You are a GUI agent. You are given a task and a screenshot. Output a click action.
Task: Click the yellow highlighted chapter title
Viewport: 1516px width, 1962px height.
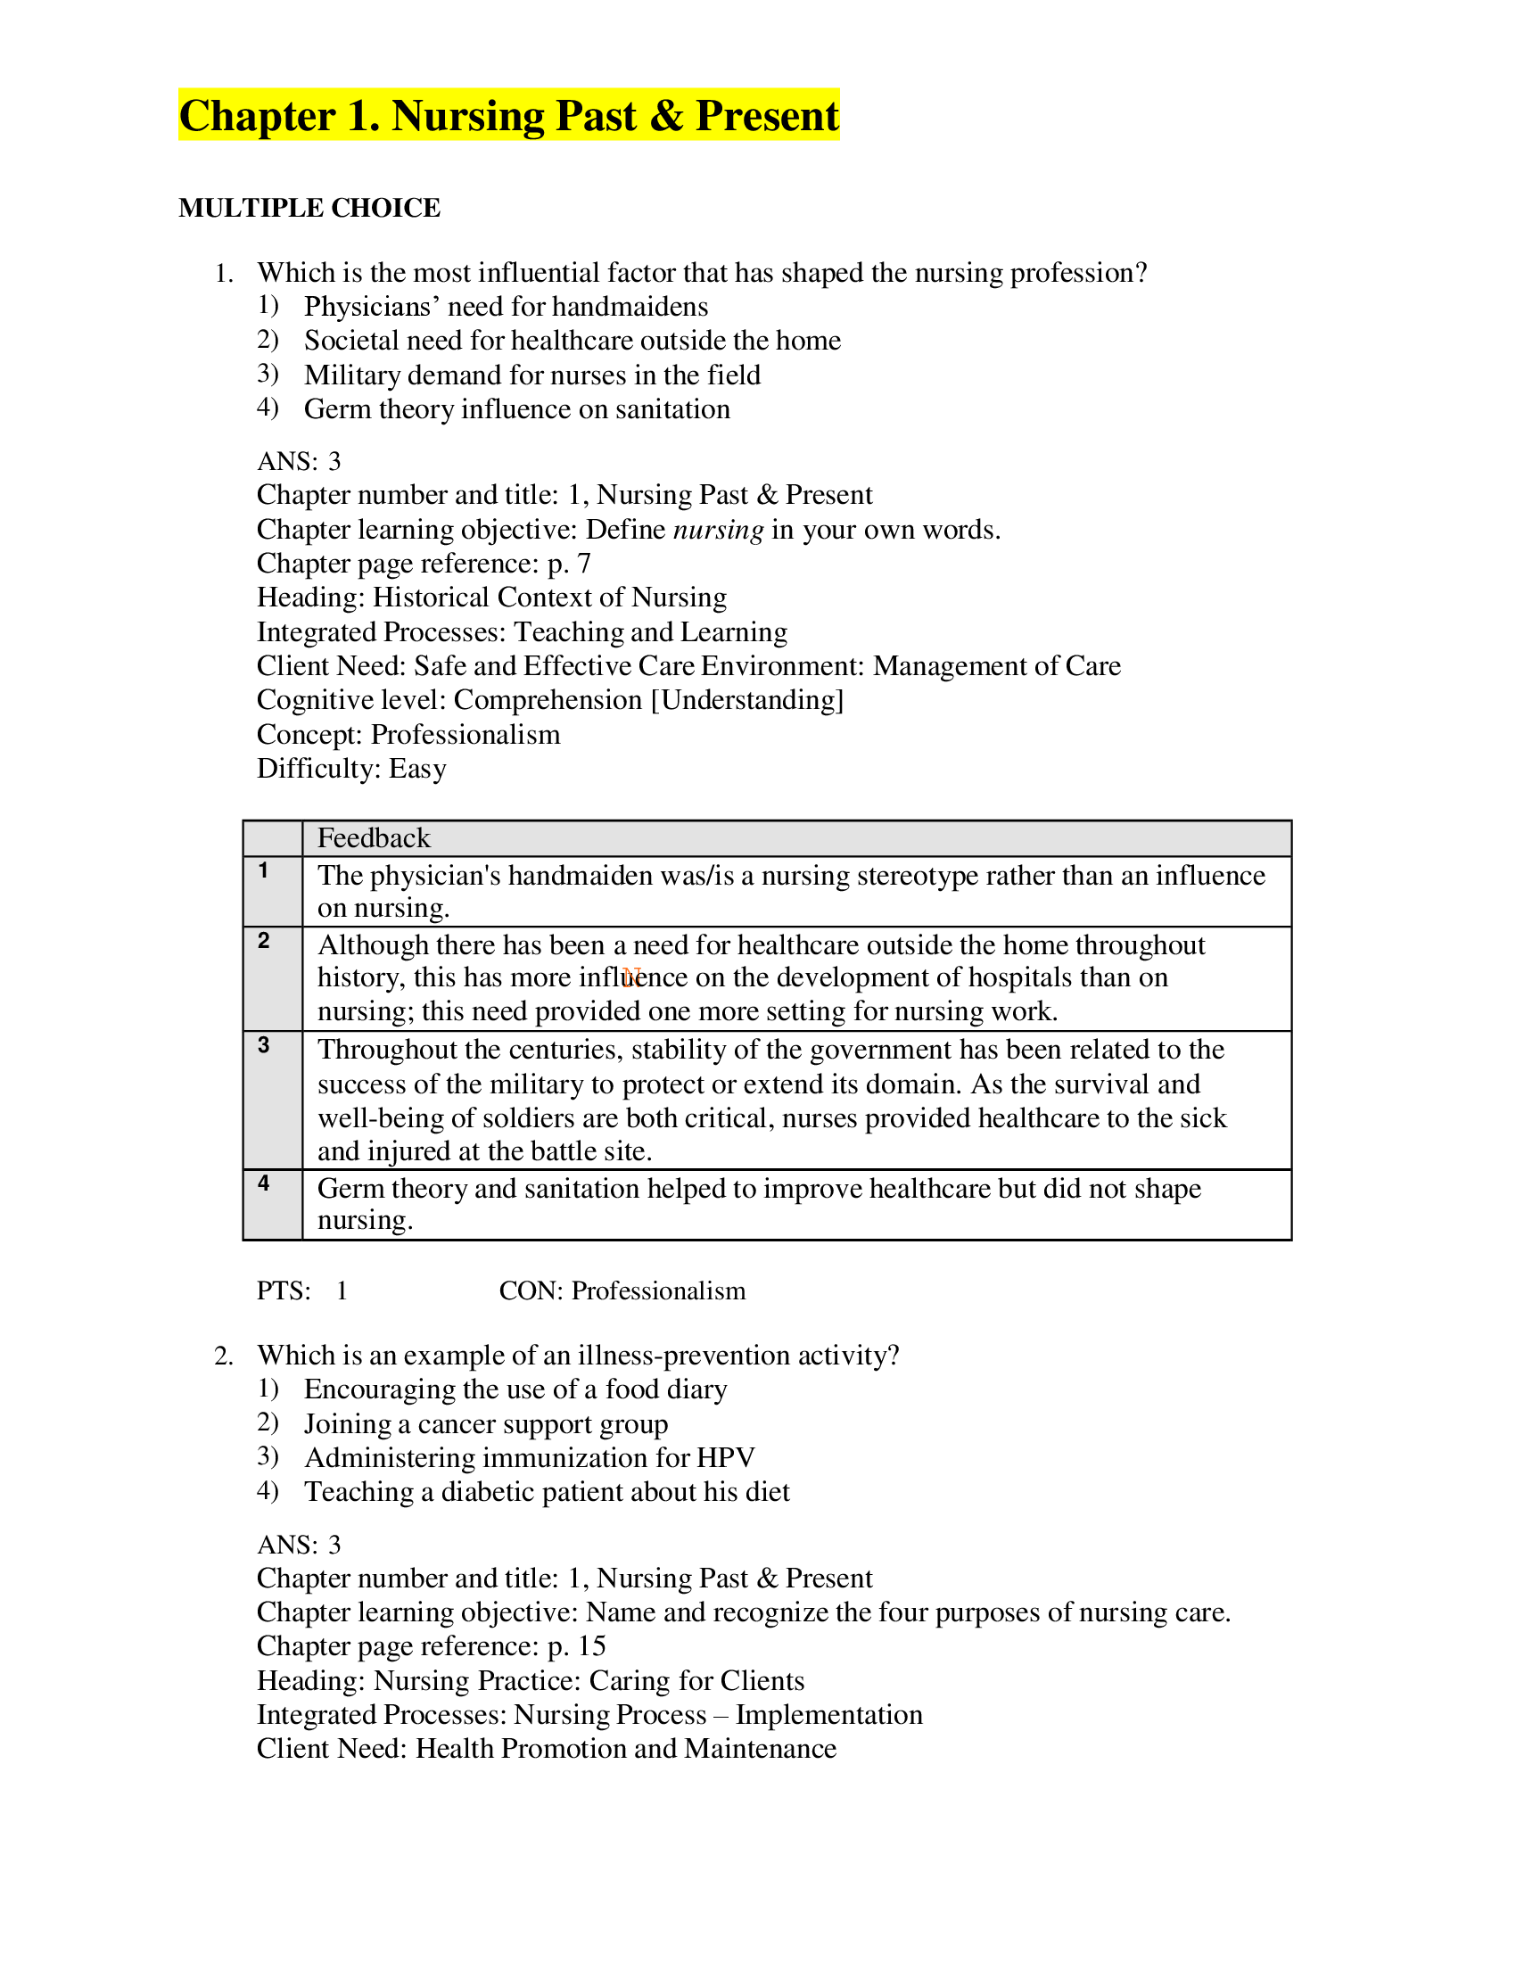coord(508,115)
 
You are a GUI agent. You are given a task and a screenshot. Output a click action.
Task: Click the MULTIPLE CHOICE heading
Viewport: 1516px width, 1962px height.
coord(309,208)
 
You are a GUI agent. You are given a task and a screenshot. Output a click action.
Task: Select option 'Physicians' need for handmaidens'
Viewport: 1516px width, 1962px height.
coord(506,306)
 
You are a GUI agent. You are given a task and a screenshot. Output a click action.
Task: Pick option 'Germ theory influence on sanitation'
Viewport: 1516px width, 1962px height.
coord(516,408)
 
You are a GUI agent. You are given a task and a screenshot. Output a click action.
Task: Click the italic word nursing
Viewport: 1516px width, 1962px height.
coord(718,529)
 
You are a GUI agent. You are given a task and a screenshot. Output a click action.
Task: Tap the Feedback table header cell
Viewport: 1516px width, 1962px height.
coord(374,838)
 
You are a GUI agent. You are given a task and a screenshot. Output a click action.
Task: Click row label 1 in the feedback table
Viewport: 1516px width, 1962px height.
coord(263,870)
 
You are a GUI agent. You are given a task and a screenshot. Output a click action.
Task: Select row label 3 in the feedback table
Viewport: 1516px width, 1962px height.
coord(263,1045)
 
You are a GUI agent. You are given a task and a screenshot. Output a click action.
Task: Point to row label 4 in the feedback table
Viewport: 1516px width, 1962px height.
coord(263,1183)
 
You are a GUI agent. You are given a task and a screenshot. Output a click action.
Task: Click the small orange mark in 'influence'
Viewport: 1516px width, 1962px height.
coord(631,977)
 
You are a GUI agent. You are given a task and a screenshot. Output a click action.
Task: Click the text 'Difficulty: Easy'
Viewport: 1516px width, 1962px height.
coord(351,768)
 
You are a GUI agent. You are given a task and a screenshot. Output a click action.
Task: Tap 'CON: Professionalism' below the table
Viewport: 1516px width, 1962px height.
coord(622,1291)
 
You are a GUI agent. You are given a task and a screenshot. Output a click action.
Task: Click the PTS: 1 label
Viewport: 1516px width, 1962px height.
coord(301,1291)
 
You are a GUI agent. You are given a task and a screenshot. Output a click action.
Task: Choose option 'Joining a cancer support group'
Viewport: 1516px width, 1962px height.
coord(486,1424)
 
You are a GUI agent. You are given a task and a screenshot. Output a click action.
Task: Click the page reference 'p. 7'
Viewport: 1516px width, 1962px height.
coord(569,564)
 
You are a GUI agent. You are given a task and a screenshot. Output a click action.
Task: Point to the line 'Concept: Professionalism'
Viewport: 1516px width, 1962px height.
coord(408,734)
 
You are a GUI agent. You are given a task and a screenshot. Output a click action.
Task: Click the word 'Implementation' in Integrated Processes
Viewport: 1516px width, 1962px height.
coord(828,1714)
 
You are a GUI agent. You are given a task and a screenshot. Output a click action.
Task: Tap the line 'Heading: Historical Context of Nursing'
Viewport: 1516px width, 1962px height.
coord(491,598)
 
